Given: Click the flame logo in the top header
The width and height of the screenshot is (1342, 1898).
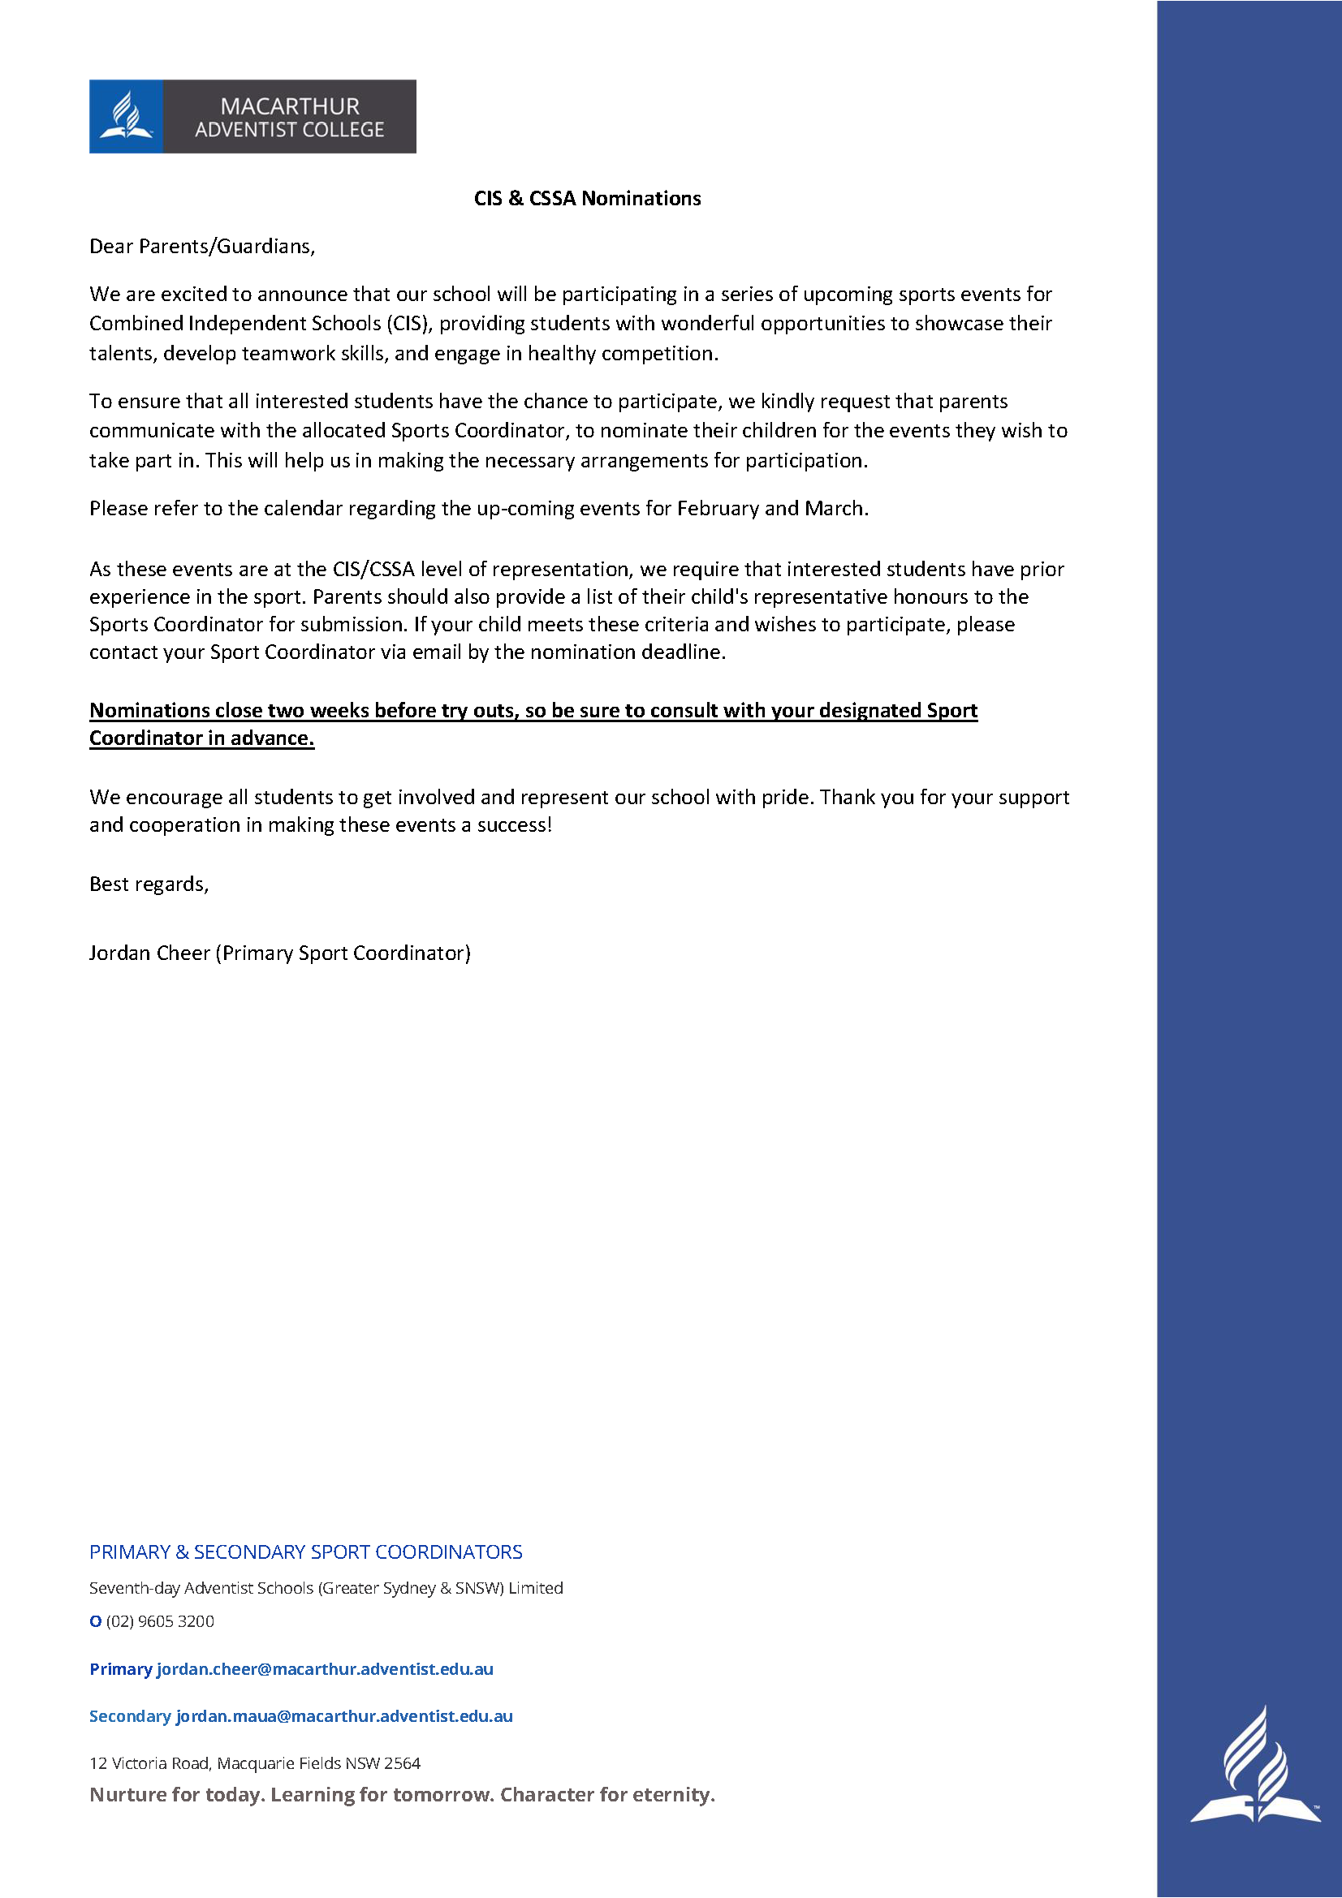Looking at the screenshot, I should (x=126, y=116).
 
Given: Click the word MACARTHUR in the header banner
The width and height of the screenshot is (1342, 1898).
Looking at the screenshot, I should (x=289, y=105).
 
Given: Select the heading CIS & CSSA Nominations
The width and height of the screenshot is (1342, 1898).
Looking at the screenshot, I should (x=587, y=198).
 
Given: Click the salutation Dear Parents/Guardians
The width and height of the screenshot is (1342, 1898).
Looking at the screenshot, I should (x=202, y=247).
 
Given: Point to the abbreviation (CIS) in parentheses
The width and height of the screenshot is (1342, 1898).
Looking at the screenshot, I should (x=409, y=323).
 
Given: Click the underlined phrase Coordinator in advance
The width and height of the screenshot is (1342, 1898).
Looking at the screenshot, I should (x=202, y=738).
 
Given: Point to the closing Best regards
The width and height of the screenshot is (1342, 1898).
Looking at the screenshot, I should (x=149, y=884).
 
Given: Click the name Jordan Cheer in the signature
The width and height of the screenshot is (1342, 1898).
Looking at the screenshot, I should (x=149, y=953).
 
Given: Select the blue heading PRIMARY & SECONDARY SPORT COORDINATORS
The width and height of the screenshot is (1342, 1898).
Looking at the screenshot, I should (x=306, y=1552).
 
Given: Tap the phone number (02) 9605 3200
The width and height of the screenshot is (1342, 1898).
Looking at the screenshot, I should (x=161, y=1621).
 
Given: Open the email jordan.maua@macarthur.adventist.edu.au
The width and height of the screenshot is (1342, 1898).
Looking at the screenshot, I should (x=344, y=1716).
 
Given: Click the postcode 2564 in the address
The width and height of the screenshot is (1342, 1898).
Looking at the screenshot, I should (x=403, y=1763).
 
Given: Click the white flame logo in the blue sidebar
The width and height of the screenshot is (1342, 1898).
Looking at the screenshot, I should (x=1254, y=1764).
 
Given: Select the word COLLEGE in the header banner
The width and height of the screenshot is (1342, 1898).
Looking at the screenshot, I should (x=346, y=130).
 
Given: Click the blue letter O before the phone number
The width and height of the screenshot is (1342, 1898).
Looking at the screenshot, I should (x=95, y=1621).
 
